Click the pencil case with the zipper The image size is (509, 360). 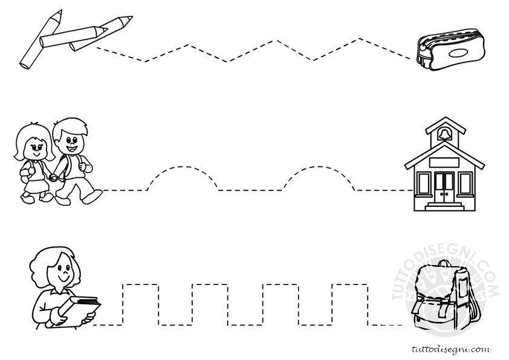tap(450, 50)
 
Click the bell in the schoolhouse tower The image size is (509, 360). tap(444, 134)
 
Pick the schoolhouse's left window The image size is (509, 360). tap(423, 183)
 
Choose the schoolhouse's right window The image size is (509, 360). tap(465, 183)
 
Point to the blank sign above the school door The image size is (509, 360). tap(444, 162)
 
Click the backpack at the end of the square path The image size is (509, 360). tap(446, 295)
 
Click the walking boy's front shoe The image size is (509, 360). tap(92, 197)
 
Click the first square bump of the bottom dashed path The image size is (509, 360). tap(141, 284)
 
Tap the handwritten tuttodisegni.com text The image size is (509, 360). tap(451, 349)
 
